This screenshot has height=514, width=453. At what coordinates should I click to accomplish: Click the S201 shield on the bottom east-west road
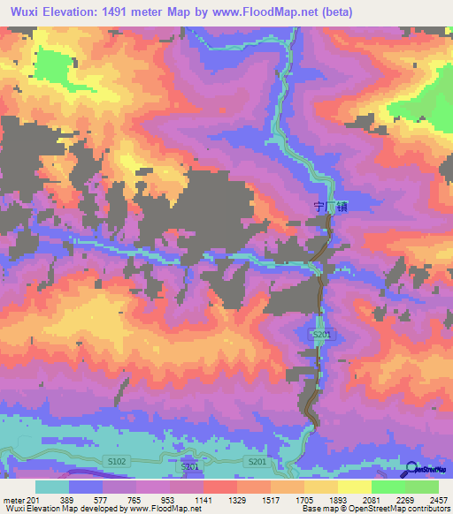257,463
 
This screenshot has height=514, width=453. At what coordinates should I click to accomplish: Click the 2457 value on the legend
440,501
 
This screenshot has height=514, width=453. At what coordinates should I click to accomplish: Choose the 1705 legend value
305,501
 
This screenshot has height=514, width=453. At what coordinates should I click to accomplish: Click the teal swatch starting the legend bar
52,487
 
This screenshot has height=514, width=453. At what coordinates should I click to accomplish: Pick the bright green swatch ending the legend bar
422,487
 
